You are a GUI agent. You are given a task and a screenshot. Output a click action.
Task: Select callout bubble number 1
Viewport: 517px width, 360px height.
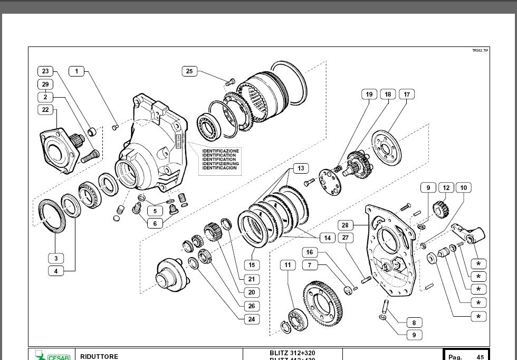[76, 71]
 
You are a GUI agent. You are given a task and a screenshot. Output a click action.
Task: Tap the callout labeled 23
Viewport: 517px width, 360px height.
[45, 71]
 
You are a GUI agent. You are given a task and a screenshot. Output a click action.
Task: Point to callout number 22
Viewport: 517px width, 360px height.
[45, 110]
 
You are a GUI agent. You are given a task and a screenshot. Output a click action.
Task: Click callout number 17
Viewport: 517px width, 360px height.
[407, 94]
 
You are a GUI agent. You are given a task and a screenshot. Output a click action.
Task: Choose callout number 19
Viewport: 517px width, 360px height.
[369, 94]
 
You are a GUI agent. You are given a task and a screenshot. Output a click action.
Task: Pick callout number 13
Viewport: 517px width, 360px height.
[300, 168]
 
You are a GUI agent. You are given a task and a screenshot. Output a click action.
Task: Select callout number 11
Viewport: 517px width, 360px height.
[288, 264]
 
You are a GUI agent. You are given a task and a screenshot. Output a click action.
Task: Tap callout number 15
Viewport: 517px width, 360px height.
[252, 264]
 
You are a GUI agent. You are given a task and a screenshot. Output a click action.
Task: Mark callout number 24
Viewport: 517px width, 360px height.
[252, 319]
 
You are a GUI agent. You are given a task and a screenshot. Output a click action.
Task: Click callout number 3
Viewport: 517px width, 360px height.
[56, 258]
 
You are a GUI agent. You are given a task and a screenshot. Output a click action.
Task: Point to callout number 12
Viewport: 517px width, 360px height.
[446, 187]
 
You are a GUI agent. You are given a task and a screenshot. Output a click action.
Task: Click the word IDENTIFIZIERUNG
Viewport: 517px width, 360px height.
[221, 164]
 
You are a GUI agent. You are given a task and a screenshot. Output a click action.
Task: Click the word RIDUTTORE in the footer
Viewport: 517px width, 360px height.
[100, 356]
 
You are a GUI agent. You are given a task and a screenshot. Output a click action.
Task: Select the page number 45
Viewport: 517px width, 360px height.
[480, 357]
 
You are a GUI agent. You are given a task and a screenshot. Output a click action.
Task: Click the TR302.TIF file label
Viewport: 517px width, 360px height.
[480, 50]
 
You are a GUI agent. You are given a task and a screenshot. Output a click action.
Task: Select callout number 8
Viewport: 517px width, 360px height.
[414, 323]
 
